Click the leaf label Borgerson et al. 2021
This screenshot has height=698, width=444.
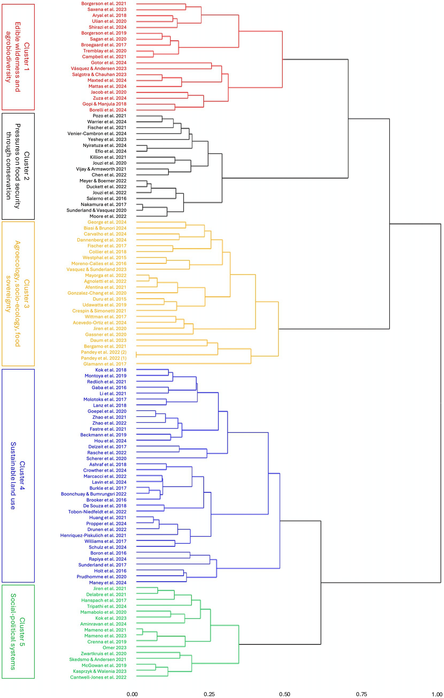pyautogui.click(x=104, y=3)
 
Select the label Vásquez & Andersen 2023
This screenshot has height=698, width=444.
pyautogui.click(x=99, y=68)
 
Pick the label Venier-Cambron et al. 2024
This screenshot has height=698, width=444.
pyautogui.click(x=97, y=134)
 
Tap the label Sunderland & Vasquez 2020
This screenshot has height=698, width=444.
pyautogui.click(x=96, y=210)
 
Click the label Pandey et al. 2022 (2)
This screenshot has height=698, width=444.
pyautogui.click(x=104, y=352)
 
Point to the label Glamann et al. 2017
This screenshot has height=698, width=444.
pyautogui.click(x=105, y=364)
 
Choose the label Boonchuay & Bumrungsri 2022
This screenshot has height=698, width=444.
pyautogui.click(x=94, y=494)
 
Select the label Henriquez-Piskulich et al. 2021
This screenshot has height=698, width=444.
pyautogui.click(x=93, y=535)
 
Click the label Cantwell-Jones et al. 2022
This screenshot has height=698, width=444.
pyautogui.click(x=98, y=677)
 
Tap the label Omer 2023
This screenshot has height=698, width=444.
pyautogui.click(x=114, y=647)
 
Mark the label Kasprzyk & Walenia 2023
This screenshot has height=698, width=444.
pyautogui.click(x=100, y=671)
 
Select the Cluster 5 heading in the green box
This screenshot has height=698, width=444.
pyautogui.click(x=22, y=632)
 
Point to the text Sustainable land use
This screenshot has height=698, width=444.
pyautogui.click(x=13, y=476)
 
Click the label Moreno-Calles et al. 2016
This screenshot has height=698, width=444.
pyautogui.click(x=99, y=264)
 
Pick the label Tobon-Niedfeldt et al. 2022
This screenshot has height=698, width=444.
pyautogui.click(x=97, y=512)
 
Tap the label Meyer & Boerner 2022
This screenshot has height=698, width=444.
pyautogui.click(x=103, y=181)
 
